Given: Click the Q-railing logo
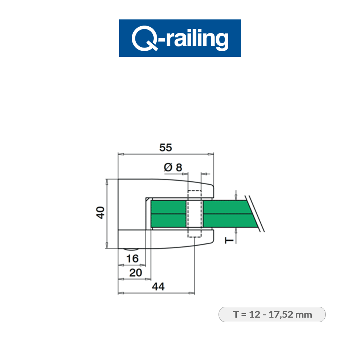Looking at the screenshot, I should [x=180, y=38].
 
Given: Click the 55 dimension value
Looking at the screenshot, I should [x=166, y=148].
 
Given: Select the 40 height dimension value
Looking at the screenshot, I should [x=100, y=212].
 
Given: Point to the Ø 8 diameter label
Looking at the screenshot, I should [x=173, y=167].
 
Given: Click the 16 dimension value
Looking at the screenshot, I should [x=132, y=258].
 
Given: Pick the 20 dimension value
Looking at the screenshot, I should [x=135, y=273].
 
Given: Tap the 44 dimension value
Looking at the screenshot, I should [x=158, y=287].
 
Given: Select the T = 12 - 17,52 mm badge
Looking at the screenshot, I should [x=272, y=314].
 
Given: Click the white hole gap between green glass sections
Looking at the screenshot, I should [x=194, y=215].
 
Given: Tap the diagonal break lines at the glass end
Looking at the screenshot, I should [x=255, y=213].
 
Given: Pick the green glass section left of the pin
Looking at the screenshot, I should [x=168, y=214].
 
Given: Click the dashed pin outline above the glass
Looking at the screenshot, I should [x=194, y=194].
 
